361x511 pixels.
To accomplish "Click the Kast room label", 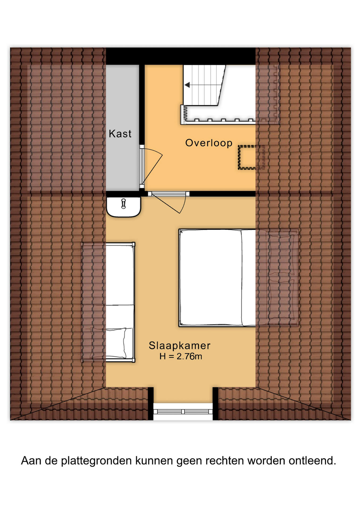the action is point(120,134).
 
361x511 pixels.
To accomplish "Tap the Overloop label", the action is point(209,143).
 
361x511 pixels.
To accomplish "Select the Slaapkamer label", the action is point(179,345).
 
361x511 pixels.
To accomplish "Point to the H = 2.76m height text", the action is point(181,356).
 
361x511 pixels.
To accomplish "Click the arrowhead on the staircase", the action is point(187,85).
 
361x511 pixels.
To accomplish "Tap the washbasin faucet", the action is point(123,204).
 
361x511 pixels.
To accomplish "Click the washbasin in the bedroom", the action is point(123,207).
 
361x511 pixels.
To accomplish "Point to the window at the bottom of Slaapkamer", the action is point(183,411).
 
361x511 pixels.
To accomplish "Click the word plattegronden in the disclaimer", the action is point(96,461).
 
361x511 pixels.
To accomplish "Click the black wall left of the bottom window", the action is point(151,403).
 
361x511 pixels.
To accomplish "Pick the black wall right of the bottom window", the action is point(215,403).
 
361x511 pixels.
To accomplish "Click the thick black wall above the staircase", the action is point(181,56).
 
